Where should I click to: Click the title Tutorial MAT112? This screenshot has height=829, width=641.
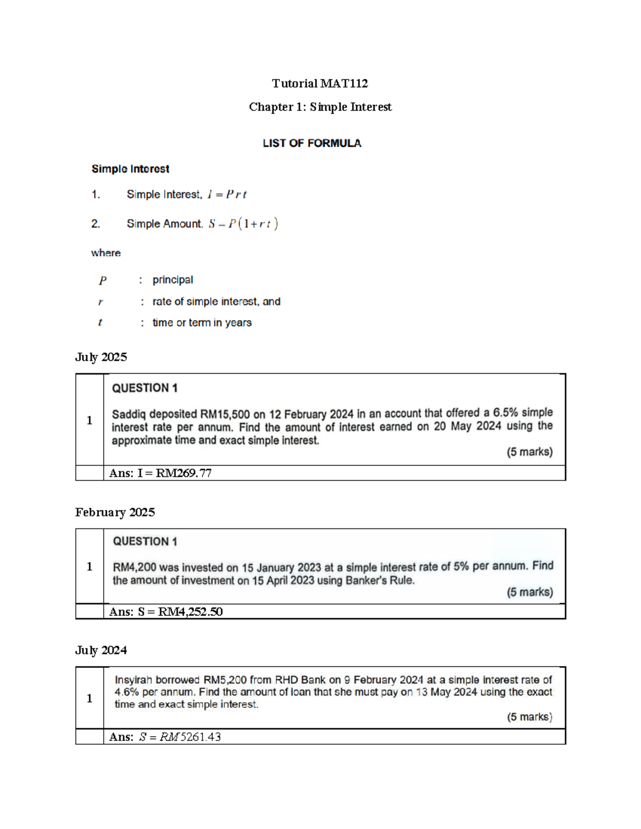319,83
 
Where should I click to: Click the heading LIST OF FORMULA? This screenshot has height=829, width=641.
311,143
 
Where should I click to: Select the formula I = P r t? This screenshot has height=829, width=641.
227,195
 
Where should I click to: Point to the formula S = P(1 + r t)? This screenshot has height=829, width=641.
244,224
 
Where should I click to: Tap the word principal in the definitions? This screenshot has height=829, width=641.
173,280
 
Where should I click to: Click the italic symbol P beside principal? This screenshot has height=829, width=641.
103,280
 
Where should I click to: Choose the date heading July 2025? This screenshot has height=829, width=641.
101,357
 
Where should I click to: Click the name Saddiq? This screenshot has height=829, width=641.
128,414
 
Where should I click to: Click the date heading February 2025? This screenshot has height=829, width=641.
115,512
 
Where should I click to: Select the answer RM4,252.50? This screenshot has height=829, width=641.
190,612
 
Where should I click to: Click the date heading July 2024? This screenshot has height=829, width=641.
101,650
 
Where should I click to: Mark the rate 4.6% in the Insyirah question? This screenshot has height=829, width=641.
127,692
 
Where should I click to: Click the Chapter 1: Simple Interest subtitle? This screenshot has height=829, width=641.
320,107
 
